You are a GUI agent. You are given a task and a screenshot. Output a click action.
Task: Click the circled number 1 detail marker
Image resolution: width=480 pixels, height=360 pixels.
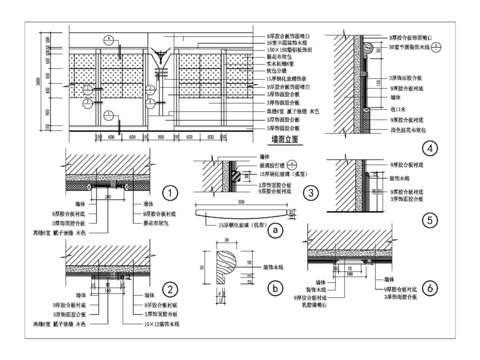(171, 192)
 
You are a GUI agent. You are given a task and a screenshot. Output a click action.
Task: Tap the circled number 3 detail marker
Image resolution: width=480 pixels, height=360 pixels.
(311, 192)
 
